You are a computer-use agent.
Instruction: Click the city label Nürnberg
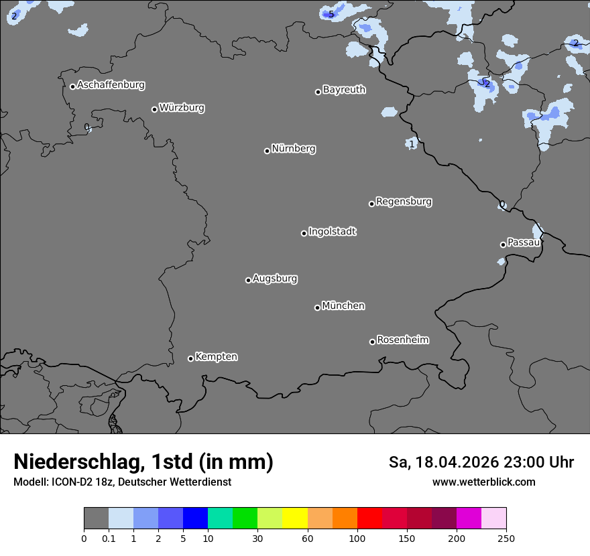293,149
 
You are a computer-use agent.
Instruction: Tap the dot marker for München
317,307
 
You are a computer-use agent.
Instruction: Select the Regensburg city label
404,202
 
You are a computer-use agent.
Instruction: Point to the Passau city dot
503,245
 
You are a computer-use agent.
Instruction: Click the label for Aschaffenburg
111,85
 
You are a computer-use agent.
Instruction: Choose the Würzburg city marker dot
154,109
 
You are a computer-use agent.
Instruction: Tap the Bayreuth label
344,90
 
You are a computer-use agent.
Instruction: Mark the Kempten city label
216,357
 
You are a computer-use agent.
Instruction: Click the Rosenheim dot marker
372,342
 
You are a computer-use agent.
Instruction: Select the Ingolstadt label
332,232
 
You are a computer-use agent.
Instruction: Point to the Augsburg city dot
248,280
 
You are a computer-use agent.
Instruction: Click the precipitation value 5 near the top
331,14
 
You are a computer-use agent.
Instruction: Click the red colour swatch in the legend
369,518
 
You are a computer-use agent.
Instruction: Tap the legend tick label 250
506,539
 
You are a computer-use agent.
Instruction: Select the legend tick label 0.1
109,539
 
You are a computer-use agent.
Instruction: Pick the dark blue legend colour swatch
195,518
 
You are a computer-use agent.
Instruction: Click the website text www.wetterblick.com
483,482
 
